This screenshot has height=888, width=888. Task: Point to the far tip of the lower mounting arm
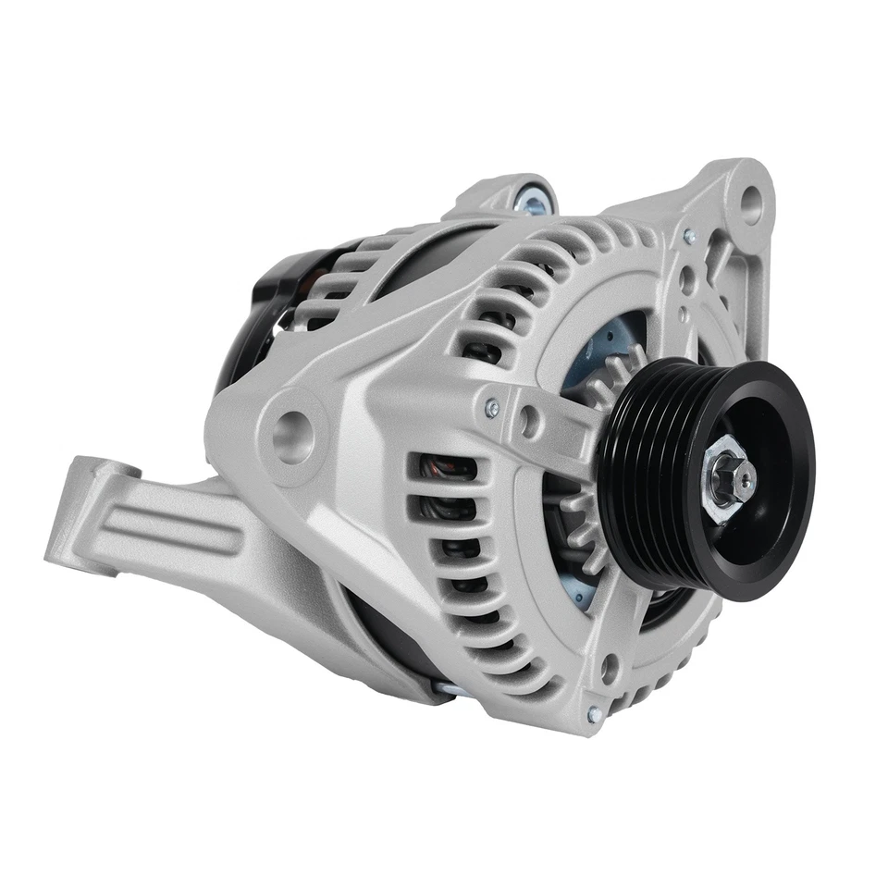coord(60,546)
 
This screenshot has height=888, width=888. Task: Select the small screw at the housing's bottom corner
coord(593,714)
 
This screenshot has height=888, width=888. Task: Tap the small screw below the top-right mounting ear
coord(689,238)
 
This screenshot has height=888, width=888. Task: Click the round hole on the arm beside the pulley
coord(529,421)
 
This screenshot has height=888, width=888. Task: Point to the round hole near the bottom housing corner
coord(610,666)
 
